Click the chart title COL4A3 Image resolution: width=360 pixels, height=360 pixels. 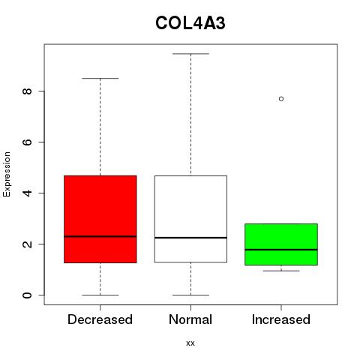[x=190, y=23]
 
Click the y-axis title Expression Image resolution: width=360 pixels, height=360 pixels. [x=7, y=174]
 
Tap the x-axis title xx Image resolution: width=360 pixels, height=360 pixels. [x=190, y=343]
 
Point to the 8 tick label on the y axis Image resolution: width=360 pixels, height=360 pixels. [x=27, y=91]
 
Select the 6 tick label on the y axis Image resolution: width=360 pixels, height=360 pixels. [x=27, y=142]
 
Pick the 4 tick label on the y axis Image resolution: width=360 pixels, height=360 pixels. [x=27, y=193]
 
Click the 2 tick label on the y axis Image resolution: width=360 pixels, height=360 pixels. [x=27, y=244]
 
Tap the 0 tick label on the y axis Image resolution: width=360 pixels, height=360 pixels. [x=27, y=295]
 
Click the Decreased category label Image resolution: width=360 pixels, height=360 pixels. [x=100, y=319]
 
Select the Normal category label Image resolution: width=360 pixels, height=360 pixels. [x=190, y=319]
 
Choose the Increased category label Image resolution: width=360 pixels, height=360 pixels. [x=281, y=319]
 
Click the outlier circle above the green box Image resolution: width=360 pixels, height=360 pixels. [x=281, y=99]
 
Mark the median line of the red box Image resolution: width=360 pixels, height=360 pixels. [x=100, y=236]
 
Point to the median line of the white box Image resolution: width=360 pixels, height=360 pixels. [x=190, y=238]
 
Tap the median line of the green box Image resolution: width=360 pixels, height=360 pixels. [x=281, y=250]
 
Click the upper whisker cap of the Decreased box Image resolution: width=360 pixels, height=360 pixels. [x=100, y=78]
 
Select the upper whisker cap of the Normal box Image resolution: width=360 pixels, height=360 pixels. [x=190, y=53]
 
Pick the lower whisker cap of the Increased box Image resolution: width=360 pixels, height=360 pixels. [x=281, y=271]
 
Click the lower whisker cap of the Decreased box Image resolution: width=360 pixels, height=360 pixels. [x=100, y=295]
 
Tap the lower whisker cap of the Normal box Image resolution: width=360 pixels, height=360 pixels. [x=190, y=295]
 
